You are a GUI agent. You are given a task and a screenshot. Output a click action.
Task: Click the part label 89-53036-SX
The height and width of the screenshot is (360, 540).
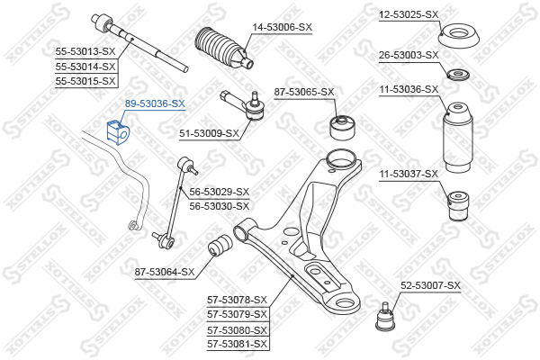click(155, 103)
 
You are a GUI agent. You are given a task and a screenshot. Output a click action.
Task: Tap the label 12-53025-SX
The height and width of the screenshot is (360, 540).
click(408, 14)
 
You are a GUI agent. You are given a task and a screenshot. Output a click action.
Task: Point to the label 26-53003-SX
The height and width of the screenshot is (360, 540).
click(408, 56)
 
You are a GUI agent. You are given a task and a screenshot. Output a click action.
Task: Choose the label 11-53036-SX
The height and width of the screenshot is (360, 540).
click(408, 89)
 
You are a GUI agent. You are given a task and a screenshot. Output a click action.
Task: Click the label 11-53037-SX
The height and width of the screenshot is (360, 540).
click(408, 174)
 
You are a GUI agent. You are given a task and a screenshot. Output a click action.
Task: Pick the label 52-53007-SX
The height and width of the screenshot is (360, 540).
click(430, 285)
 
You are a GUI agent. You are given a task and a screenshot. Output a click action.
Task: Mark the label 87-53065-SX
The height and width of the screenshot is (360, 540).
click(304, 92)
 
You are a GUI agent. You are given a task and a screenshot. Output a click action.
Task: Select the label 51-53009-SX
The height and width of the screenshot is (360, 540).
click(209, 133)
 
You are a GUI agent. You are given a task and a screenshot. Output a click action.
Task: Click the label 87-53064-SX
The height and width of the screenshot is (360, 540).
click(165, 271)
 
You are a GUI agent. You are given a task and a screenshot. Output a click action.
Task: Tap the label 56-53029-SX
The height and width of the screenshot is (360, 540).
click(219, 192)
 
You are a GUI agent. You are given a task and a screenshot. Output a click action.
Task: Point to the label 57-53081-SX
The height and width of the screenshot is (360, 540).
click(238, 344)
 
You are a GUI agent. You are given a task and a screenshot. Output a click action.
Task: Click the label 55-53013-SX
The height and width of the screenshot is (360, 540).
click(86, 51)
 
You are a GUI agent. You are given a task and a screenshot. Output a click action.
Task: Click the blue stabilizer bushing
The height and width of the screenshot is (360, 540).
click(119, 130)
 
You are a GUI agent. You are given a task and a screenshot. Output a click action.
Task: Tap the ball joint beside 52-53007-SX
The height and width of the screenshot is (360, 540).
click(385, 315)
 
